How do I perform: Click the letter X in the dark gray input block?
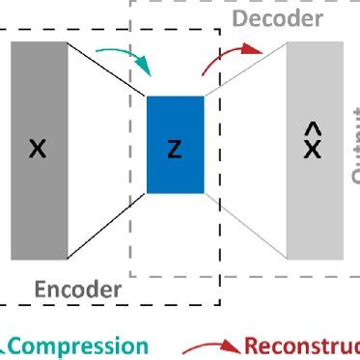pyautogui.click(x=38, y=149)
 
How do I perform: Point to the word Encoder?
pyautogui.click(x=78, y=289)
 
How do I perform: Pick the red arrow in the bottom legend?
pyautogui.click(x=210, y=346)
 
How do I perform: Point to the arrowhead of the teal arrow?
pyautogui.click(x=146, y=69)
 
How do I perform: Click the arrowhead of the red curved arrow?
pyautogui.click(x=257, y=48)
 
